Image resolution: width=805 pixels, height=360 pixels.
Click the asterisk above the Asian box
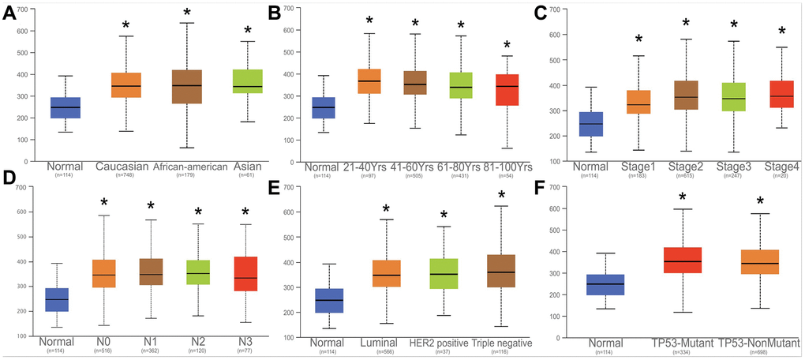(x=249, y=31)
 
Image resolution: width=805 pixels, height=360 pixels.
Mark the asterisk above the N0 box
(x=103, y=204)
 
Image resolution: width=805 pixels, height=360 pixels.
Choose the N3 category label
(x=245, y=345)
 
